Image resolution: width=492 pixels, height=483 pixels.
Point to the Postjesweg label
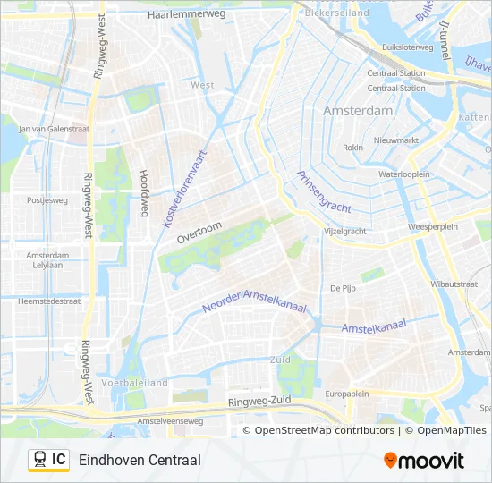47,200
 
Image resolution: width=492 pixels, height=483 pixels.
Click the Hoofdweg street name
142,195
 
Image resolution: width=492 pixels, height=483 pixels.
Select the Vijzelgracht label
344,231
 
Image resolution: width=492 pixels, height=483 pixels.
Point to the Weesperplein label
433,227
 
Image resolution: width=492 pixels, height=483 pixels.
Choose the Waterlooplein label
404,174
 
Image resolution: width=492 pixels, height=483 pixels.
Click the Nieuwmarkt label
395,140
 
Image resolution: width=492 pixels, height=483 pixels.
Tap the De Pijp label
343,288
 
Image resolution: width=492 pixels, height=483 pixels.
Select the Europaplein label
347,394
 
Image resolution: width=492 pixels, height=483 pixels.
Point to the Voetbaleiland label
135,382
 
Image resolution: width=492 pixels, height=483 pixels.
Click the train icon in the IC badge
40,460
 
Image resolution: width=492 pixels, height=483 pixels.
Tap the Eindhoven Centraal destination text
140,460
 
